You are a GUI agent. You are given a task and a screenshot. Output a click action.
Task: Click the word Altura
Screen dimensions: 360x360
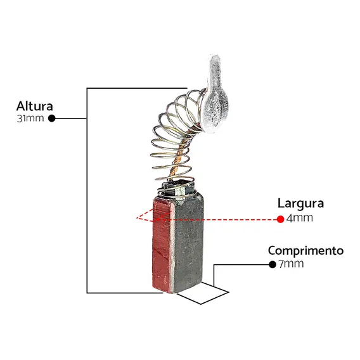coord(35,106)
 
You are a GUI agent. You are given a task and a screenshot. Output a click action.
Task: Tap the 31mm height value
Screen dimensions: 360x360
coord(30,119)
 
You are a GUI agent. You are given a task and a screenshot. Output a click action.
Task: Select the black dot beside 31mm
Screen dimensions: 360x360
coord(52,119)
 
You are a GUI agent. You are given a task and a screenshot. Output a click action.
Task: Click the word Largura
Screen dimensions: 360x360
coord(300,203)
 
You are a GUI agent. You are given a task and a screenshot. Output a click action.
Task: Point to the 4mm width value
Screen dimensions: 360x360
coord(300,218)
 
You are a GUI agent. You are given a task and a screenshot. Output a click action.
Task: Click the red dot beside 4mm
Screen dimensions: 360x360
coord(280,219)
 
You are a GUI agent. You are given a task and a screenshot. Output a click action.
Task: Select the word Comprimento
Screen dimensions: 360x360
coord(305,251)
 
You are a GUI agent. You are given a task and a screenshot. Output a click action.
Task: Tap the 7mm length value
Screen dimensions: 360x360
coord(291,264)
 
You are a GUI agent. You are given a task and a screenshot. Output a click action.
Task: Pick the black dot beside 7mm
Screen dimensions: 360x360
coord(273,264)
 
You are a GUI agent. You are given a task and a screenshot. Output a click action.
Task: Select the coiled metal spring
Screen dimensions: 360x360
coord(174,143)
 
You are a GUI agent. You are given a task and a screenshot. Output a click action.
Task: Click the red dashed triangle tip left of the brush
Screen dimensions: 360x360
coord(137,217)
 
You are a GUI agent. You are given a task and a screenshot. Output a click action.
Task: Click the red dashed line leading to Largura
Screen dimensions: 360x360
coord(217,219)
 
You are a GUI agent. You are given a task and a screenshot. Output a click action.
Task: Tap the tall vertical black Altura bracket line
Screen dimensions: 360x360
coord(87,191)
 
